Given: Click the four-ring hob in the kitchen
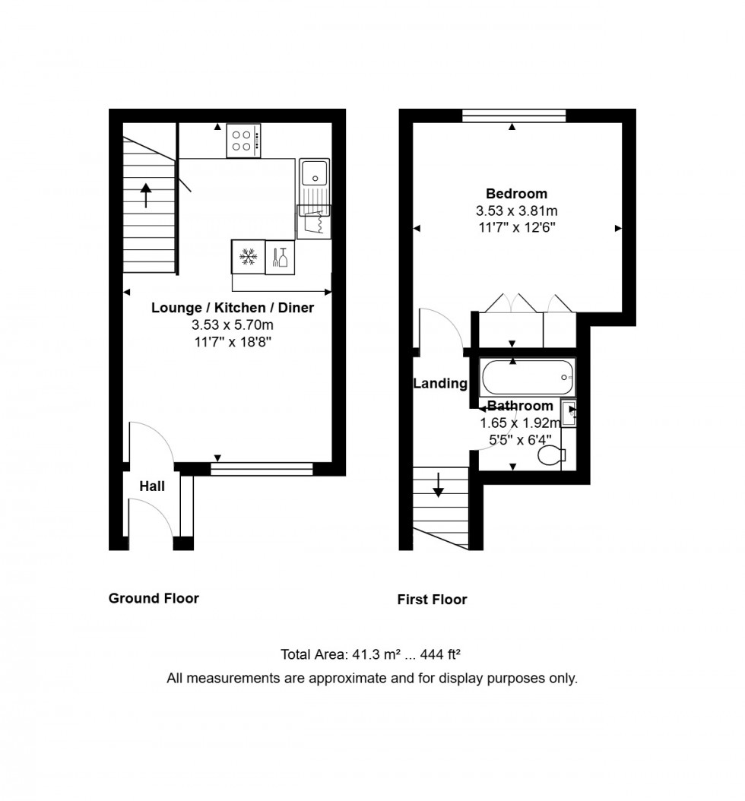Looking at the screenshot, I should [x=243, y=141].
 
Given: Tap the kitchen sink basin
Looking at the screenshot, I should [x=313, y=173].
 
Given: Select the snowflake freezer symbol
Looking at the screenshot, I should [x=248, y=257].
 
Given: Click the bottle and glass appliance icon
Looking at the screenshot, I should [x=280, y=257].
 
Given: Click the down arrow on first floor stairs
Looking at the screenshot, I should [x=438, y=484].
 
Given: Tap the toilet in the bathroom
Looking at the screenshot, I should [x=550, y=456].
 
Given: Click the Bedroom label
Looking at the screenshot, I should [x=516, y=194].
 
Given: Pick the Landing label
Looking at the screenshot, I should [x=439, y=384].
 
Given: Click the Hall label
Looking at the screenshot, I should [x=152, y=486].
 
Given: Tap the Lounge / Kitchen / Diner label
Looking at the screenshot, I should [x=232, y=309].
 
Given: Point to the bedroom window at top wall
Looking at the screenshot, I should [x=514, y=116].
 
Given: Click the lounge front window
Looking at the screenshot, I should [x=262, y=470].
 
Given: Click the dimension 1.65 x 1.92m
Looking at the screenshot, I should [x=520, y=423].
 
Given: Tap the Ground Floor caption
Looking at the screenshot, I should [x=154, y=598].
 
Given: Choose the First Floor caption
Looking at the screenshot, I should [x=432, y=600].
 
